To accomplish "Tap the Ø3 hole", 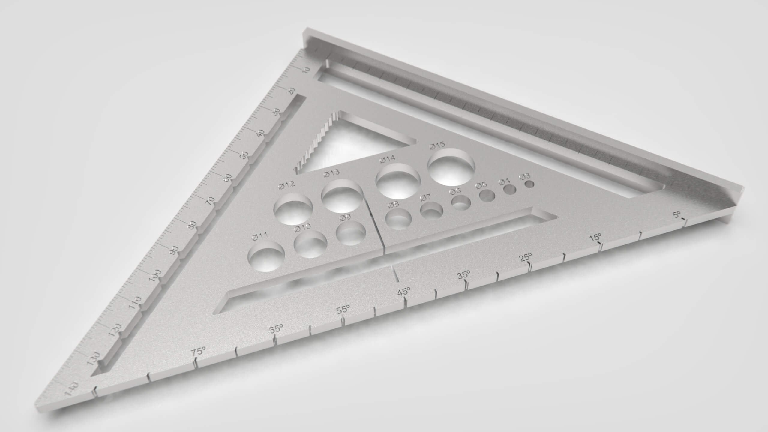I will pyautogui.click(x=529, y=184).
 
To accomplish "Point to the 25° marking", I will pyautogui.click(x=526, y=258).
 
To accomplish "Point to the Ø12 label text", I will pyautogui.click(x=286, y=185).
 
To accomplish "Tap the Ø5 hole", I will pyautogui.click(x=487, y=196).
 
